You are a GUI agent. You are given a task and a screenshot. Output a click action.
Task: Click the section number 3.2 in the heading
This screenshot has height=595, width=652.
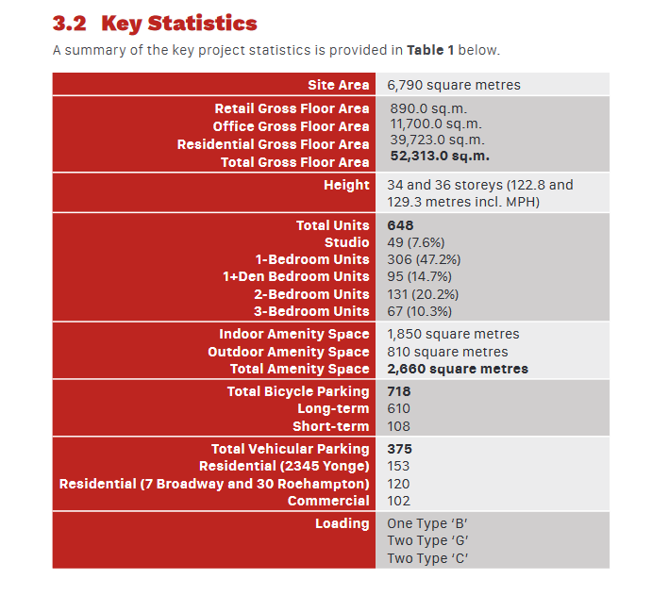(x=70, y=24)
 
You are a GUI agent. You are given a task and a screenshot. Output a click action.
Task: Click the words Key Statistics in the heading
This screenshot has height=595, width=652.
(x=178, y=24)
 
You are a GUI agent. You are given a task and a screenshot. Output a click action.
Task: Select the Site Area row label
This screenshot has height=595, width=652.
(x=338, y=85)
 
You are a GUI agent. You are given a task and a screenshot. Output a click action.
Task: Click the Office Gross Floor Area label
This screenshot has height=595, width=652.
(x=291, y=126)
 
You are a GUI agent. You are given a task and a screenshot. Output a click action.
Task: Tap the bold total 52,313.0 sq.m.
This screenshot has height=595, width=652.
(x=440, y=157)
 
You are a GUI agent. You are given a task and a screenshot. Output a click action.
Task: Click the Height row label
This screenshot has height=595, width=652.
(x=346, y=185)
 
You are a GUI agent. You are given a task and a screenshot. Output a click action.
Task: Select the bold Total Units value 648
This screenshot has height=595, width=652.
(x=400, y=225)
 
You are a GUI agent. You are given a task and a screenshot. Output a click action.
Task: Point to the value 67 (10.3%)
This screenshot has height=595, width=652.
(x=420, y=311)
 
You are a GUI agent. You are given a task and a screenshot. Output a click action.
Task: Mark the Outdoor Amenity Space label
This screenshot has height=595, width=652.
(x=289, y=352)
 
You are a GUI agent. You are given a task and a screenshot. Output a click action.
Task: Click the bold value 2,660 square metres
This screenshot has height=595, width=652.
(x=458, y=369)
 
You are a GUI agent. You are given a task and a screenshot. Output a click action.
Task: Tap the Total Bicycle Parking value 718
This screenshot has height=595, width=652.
(x=399, y=391)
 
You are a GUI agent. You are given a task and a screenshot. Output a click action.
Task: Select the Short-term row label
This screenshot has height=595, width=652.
(x=330, y=426)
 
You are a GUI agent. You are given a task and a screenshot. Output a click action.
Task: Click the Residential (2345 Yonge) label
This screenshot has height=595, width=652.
(x=284, y=466)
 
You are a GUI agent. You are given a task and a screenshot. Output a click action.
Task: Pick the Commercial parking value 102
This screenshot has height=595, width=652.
(x=399, y=501)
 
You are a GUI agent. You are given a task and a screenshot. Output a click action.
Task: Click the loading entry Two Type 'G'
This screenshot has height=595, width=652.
(x=427, y=540)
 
